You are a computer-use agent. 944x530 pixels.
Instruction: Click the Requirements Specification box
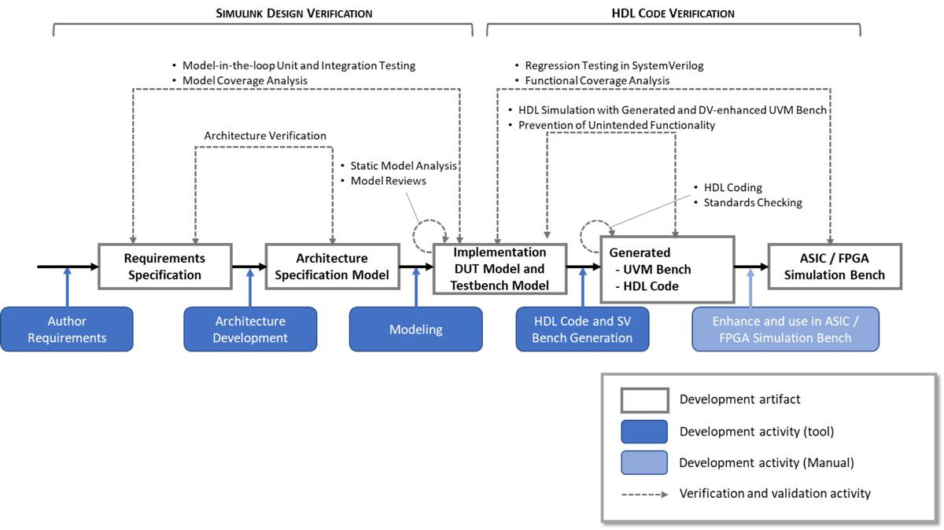pyautogui.click(x=164, y=267)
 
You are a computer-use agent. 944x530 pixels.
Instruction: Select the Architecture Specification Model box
pyautogui.click(x=332, y=267)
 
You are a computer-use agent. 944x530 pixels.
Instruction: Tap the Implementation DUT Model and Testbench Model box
pyautogui.click(x=500, y=269)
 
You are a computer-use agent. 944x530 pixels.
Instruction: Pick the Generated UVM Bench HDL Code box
pyautogui.click(x=667, y=270)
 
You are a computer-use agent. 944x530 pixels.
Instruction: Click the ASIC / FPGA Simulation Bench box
pyautogui.click(x=834, y=267)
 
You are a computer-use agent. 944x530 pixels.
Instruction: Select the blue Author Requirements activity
pyautogui.click(x=66, y=329)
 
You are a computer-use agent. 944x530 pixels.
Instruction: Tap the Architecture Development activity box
pyautogui.click(x=250, y=329)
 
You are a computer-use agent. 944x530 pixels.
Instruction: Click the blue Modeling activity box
pyautogui.click(x=415, y=329)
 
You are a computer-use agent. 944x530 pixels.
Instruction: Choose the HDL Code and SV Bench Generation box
pyautogui.click(x=582, y=329)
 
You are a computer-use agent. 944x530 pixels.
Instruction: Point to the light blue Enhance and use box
pyautogui.click(x=785, y=329)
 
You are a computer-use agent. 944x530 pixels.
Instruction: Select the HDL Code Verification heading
pyautogui.click(x=673, y=13)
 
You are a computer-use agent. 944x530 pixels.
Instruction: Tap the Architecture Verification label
pyautogui.click(x=265, y=136)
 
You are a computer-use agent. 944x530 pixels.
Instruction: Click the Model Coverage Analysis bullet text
pyautogui.click(x=245, y=80)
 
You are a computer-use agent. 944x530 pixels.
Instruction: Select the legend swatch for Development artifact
pyautogui.click(x=643, y=400)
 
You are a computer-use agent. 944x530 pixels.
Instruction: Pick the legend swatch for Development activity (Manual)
pyautogui.click(x=643, y=462)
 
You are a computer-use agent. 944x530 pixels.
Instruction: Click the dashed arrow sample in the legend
pyautogui.click(x=643, y=494)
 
